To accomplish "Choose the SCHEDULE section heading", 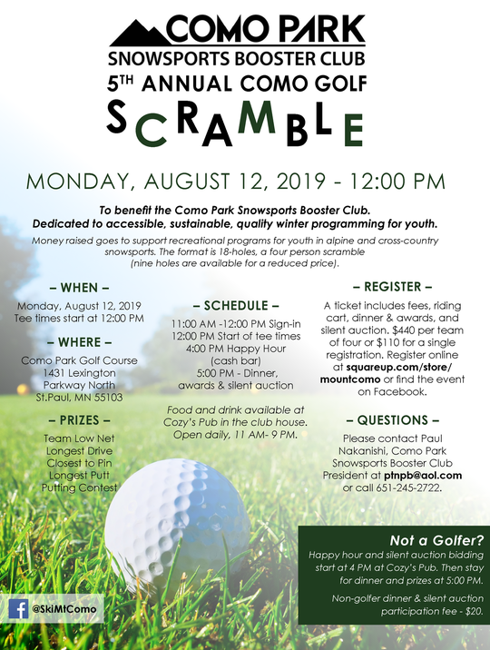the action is [237, 306].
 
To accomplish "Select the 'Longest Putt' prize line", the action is [79, 474].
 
